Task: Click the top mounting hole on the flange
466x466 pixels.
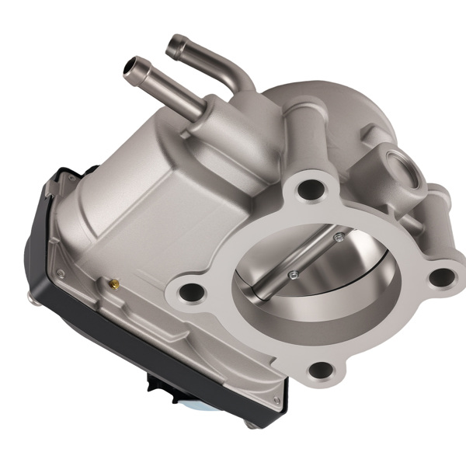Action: pyautogui.click(x=311, y=187)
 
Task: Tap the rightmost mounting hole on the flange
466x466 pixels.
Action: pyautogui.click(x=440, y=275)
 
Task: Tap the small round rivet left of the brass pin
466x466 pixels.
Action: pyautogui.click(x=59, y=272)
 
